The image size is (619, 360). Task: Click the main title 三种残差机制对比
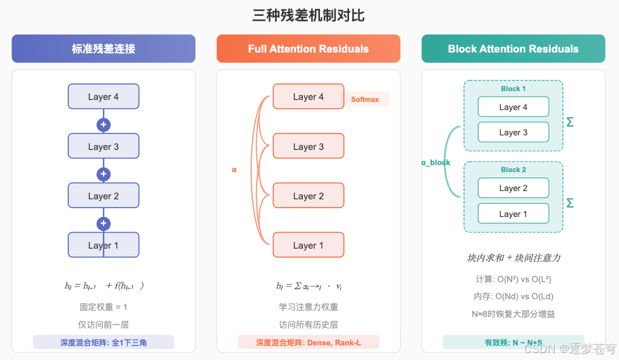tap(309, 15)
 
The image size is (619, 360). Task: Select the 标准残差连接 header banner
tap(103, 49)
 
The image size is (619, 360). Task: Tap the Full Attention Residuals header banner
tap(308, 49)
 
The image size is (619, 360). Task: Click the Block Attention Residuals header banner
tap(513, 49)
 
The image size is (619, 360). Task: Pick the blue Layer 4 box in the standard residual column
tap(103, 97)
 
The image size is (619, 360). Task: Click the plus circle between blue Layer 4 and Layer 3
tap(104, 125)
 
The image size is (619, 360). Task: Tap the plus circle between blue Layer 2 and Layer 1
tap(104, 224)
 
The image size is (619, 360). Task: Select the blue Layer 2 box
tap(103, 196)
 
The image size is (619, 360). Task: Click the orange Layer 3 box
tap(308, 146)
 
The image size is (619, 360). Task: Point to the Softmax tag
tap(365, 99)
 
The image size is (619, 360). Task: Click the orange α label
tap(234, 170)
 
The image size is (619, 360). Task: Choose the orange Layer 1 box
tap(308, 245)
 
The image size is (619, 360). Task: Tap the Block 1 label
tap(513, 89)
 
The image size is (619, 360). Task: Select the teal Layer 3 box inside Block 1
tap(513, 132)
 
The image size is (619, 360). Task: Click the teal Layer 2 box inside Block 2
tap(513, 188)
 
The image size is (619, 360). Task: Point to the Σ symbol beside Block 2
tap(570, 203)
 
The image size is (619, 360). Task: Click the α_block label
tap(436, 163)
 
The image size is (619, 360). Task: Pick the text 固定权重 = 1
tap(103, 307)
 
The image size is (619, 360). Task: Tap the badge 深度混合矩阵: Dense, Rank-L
tap(308, 342)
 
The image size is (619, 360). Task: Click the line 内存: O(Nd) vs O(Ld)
tap(513, 296)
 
